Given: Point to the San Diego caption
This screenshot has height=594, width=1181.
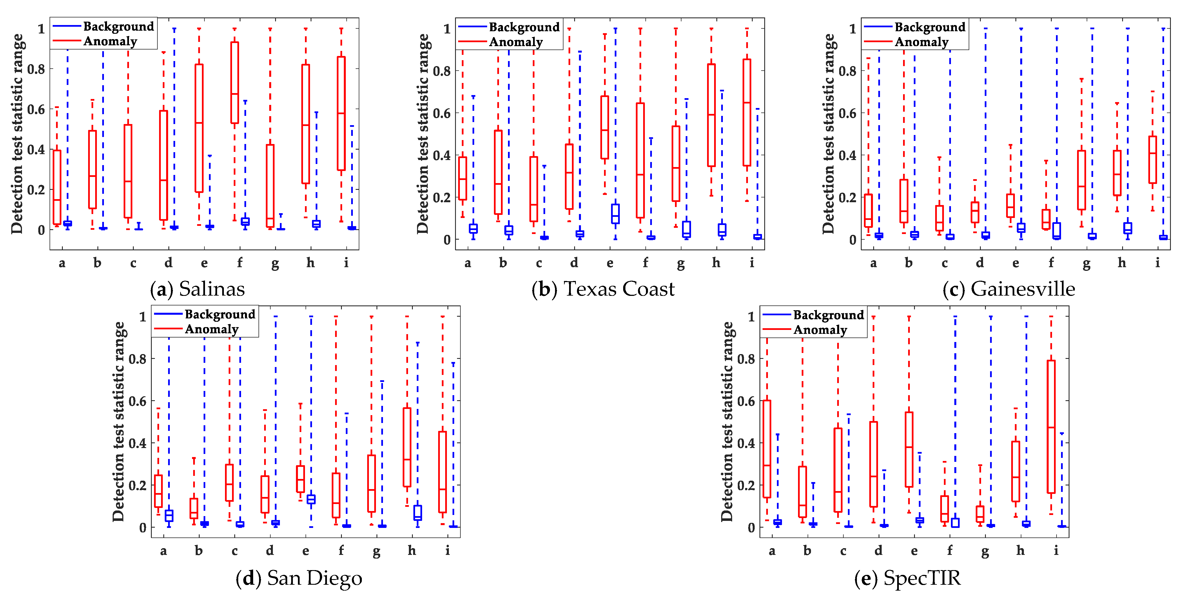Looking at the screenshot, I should pos(299,578).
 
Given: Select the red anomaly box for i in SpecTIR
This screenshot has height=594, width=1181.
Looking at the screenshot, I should pos(1051,427).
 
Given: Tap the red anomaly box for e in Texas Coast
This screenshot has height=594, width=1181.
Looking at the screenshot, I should pos(605,127).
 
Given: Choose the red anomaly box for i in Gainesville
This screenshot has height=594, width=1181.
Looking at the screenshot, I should pos(1153,160).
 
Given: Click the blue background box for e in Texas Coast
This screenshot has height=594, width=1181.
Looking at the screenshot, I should pos(615,214).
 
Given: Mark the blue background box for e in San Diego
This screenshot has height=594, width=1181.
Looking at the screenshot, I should pos(311,499).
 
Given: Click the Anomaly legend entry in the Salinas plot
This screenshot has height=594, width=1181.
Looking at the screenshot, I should pos(110,42).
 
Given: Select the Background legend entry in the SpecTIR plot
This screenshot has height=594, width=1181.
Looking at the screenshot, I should pos(828,315).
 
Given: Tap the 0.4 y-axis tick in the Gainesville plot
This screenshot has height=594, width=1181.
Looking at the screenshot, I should pos(847,155).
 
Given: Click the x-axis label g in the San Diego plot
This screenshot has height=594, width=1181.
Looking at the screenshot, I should pos(376,551).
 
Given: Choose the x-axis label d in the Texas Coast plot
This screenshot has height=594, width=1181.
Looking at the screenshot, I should pos(574,263).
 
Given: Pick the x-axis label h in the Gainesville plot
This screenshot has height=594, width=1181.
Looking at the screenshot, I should pos(1121,263).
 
